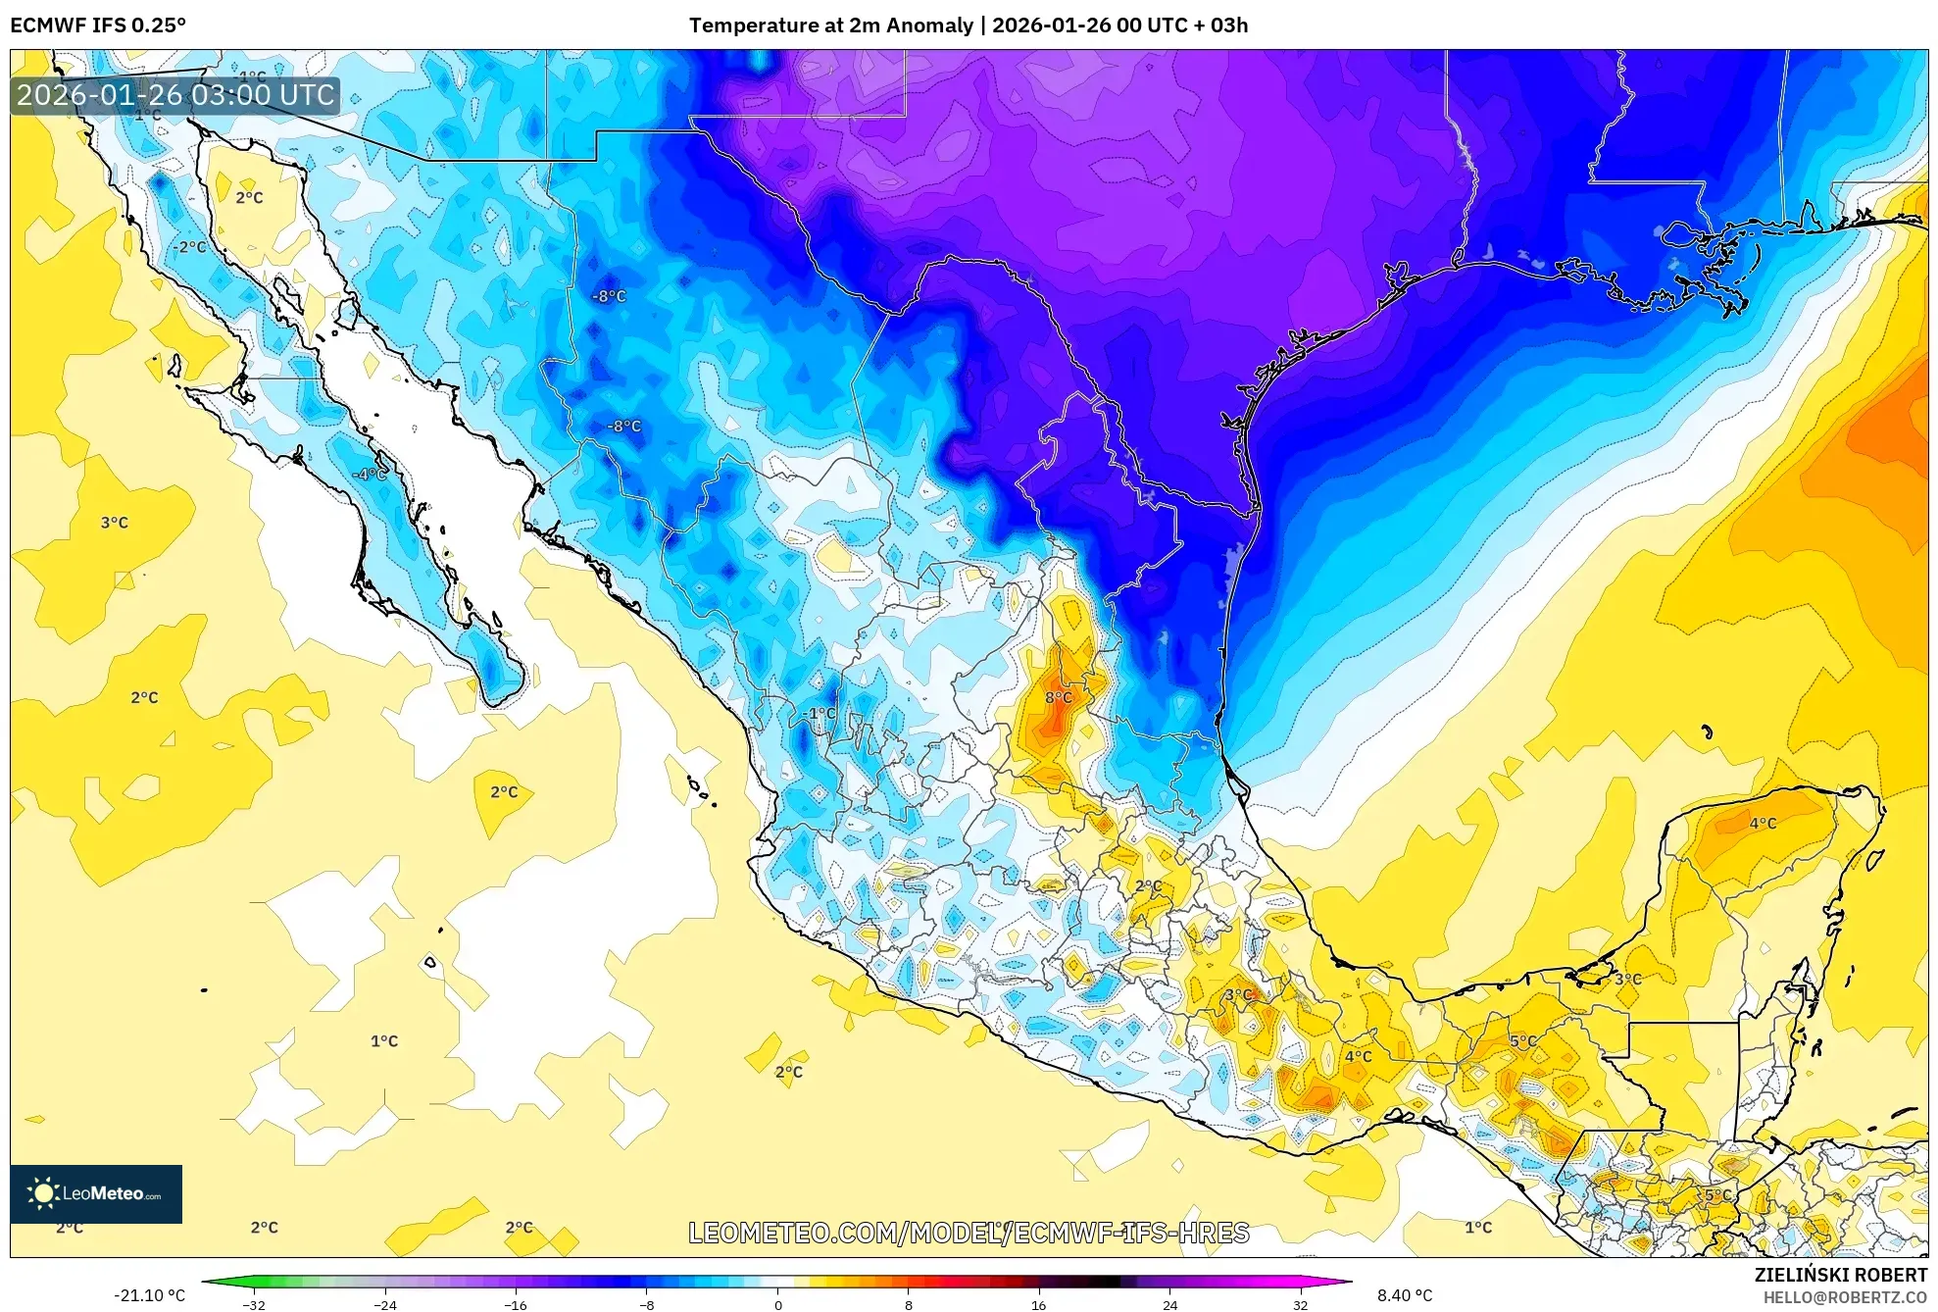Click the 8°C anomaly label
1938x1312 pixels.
tap(1058, 697)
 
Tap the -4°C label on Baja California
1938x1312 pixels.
tap(370, 474)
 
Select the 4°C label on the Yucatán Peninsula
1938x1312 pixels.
tap(1763, 823)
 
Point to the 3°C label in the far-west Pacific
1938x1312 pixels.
tap(115, 523)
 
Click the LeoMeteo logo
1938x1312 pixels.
tap(96, 1193)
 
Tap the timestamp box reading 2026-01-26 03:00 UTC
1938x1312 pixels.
tap(175, 95)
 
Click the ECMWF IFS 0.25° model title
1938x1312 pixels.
tap(98, 25)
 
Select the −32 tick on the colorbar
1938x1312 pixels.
tap(254, 1304)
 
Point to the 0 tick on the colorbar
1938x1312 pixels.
tap(778, 1304)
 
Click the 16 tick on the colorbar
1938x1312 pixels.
tap(1039, 1304)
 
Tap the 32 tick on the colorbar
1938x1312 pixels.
tap(1300, 1304)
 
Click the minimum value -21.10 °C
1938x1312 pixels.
tap(149, 1295)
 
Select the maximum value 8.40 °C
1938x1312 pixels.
tap(1405, 1295)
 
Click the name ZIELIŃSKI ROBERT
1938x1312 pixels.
tap(1840, 1275)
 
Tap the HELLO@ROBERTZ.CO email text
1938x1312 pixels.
tap(1845, 1297)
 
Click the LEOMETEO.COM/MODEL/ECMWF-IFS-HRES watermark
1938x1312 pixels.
tap(969, 1233)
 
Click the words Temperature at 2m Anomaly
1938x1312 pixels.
tap(831, 25)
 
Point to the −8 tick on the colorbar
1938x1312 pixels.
tap(647, 1304)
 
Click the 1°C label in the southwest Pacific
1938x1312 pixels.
tap(384, 1040)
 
